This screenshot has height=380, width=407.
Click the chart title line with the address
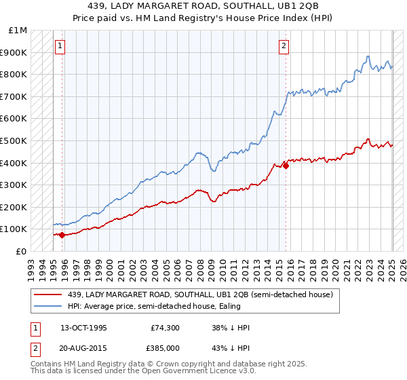pyautogui.click(x=203, y=6)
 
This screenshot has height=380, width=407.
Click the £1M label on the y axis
pyautogui.click(x=18, y=31)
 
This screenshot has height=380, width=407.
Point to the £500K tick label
pyautogui.click(x=14, y=140)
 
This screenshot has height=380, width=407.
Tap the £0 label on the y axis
pyautogui.click(x=21, y=251)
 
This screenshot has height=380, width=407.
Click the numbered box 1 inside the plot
pyautogui.click(x=60, y=46)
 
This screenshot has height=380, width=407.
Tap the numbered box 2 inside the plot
pyautogui.click(x=283, y=46)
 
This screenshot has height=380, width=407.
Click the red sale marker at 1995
pyautogui.click(x=62, y=235)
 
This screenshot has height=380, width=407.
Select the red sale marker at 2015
pyautogui.click(x=286, y=166)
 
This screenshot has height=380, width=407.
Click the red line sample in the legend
pyautogui.click(x=48, y=295)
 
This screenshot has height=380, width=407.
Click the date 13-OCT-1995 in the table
pyautogui.click(x=83, y=328)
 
